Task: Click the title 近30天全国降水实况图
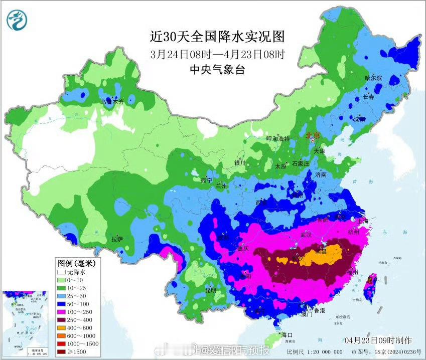(217, 37)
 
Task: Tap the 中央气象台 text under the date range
(217, 70)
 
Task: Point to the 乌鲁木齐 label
(112, 102)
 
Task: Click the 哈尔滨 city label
(373, 78)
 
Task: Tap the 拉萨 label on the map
(117, 239)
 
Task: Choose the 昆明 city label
(210, 290)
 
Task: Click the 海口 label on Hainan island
(287, 334)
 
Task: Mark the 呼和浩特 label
(277, 138)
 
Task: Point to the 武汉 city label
(306, 235)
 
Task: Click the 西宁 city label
(206, 180)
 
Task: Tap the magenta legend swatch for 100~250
(62, 311)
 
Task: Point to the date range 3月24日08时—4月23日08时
(217, 54)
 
